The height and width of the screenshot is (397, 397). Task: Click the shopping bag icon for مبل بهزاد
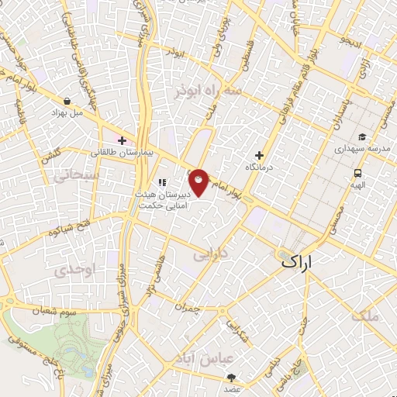(69, 101)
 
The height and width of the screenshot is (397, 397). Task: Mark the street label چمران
(188, 308)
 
